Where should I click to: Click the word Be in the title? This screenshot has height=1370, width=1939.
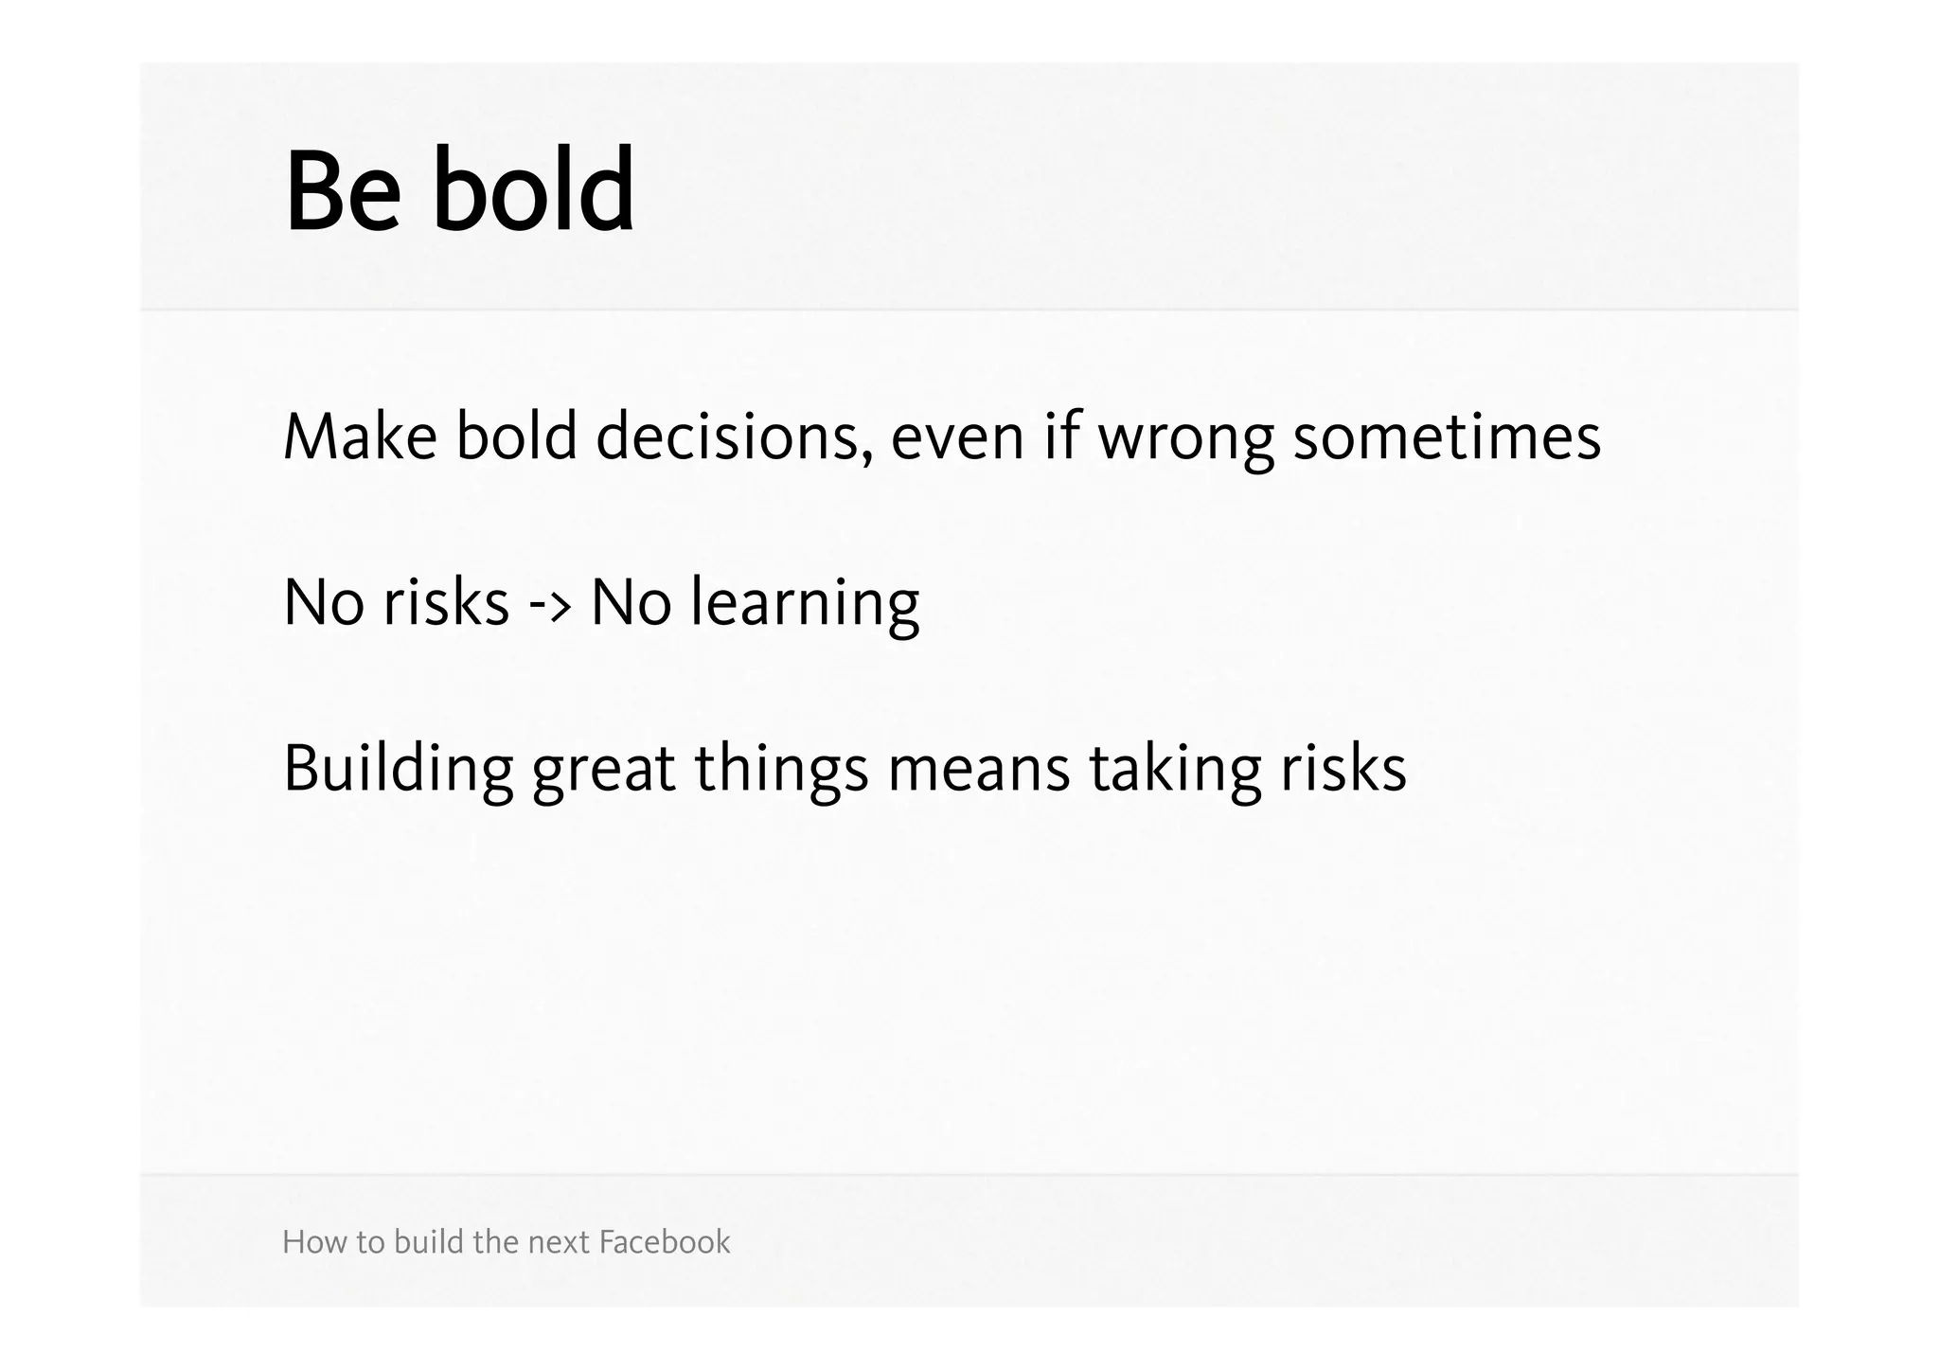[342, 191]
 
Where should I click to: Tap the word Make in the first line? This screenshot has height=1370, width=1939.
[360, 437]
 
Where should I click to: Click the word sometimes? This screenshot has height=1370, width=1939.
[1447, 437]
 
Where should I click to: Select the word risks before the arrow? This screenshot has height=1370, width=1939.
[446, 602]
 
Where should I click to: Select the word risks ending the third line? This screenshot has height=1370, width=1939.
[1343, 769]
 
